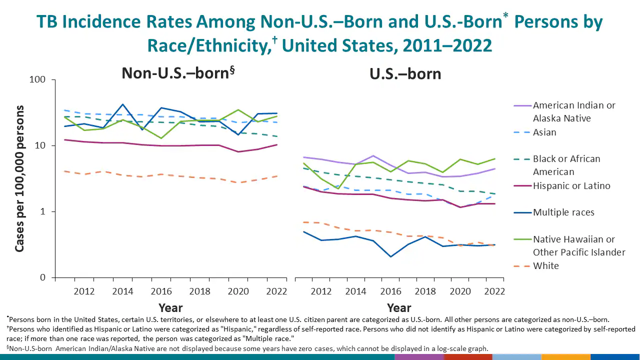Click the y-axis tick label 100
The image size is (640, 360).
(37, 80)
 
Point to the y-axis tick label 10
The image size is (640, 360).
(39, 146)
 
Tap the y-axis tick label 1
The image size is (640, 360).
(42, 212)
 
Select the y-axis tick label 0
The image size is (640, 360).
(42, 278)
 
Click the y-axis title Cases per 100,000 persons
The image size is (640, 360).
(19, 178)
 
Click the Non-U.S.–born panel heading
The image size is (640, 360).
(178, 73)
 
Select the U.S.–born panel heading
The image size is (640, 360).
(405, 74)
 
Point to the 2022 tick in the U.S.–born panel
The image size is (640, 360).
(494, 291)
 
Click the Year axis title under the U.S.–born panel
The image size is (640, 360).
(399, 308)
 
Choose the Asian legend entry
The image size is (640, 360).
(544, 132)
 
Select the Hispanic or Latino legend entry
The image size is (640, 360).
(571, 186)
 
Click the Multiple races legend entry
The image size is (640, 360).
(563, 212)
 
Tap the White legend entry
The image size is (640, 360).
(545, 266)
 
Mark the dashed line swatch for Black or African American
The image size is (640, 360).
(522, 159)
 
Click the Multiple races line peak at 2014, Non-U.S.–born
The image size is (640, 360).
(122, 104)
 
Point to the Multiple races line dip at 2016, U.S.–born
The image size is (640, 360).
(390, 256)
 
